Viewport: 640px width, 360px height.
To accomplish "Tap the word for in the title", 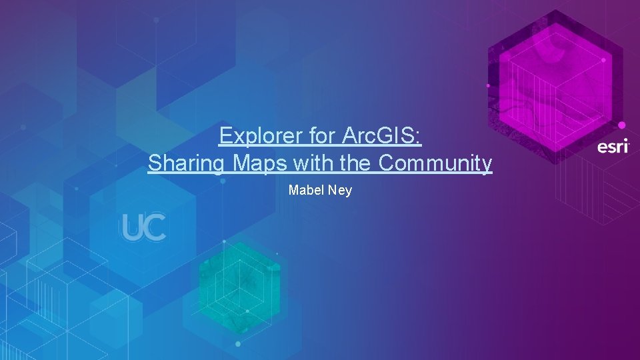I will point(322,136).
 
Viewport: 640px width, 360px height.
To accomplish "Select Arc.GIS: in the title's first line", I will point(381,136).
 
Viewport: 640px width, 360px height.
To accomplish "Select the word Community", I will point(435,163).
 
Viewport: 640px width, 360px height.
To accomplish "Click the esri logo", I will point(613,146).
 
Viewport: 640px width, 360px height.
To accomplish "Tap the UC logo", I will point(143,228).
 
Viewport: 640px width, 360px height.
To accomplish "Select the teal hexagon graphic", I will point(240,280).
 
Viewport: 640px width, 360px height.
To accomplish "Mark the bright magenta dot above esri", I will point(621,125).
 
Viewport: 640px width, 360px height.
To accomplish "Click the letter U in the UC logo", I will point(131,228).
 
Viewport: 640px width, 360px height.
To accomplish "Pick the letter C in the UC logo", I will point(155,228).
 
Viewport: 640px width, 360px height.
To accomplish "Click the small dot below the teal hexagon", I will point(238,344).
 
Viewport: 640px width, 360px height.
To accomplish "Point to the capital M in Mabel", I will point(293,191).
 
